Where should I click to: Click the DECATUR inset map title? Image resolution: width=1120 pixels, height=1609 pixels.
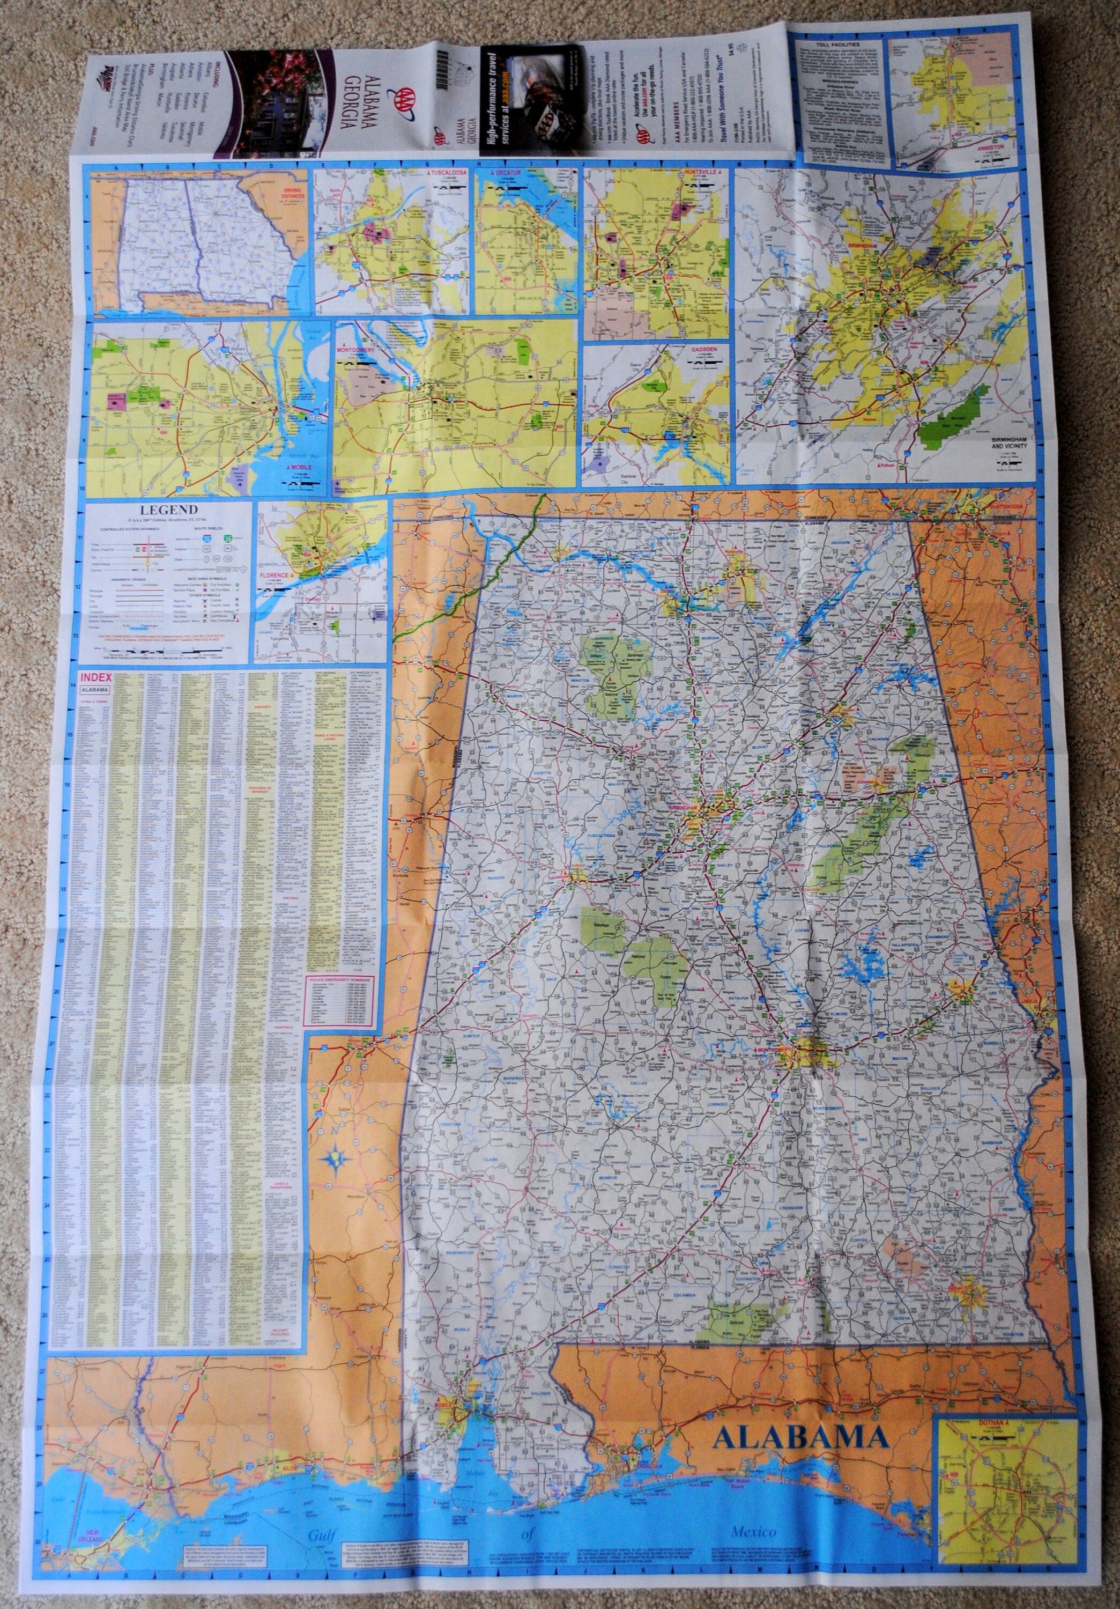click(x=509, y=172)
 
